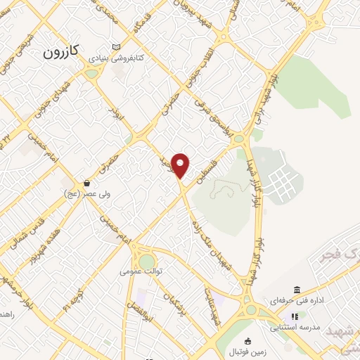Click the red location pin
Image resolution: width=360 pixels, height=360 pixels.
(x=181, y=165)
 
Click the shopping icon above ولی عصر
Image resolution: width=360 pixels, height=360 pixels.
(x=86, y=182)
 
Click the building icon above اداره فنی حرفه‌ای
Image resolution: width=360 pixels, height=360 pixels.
(x=297, y=290)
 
